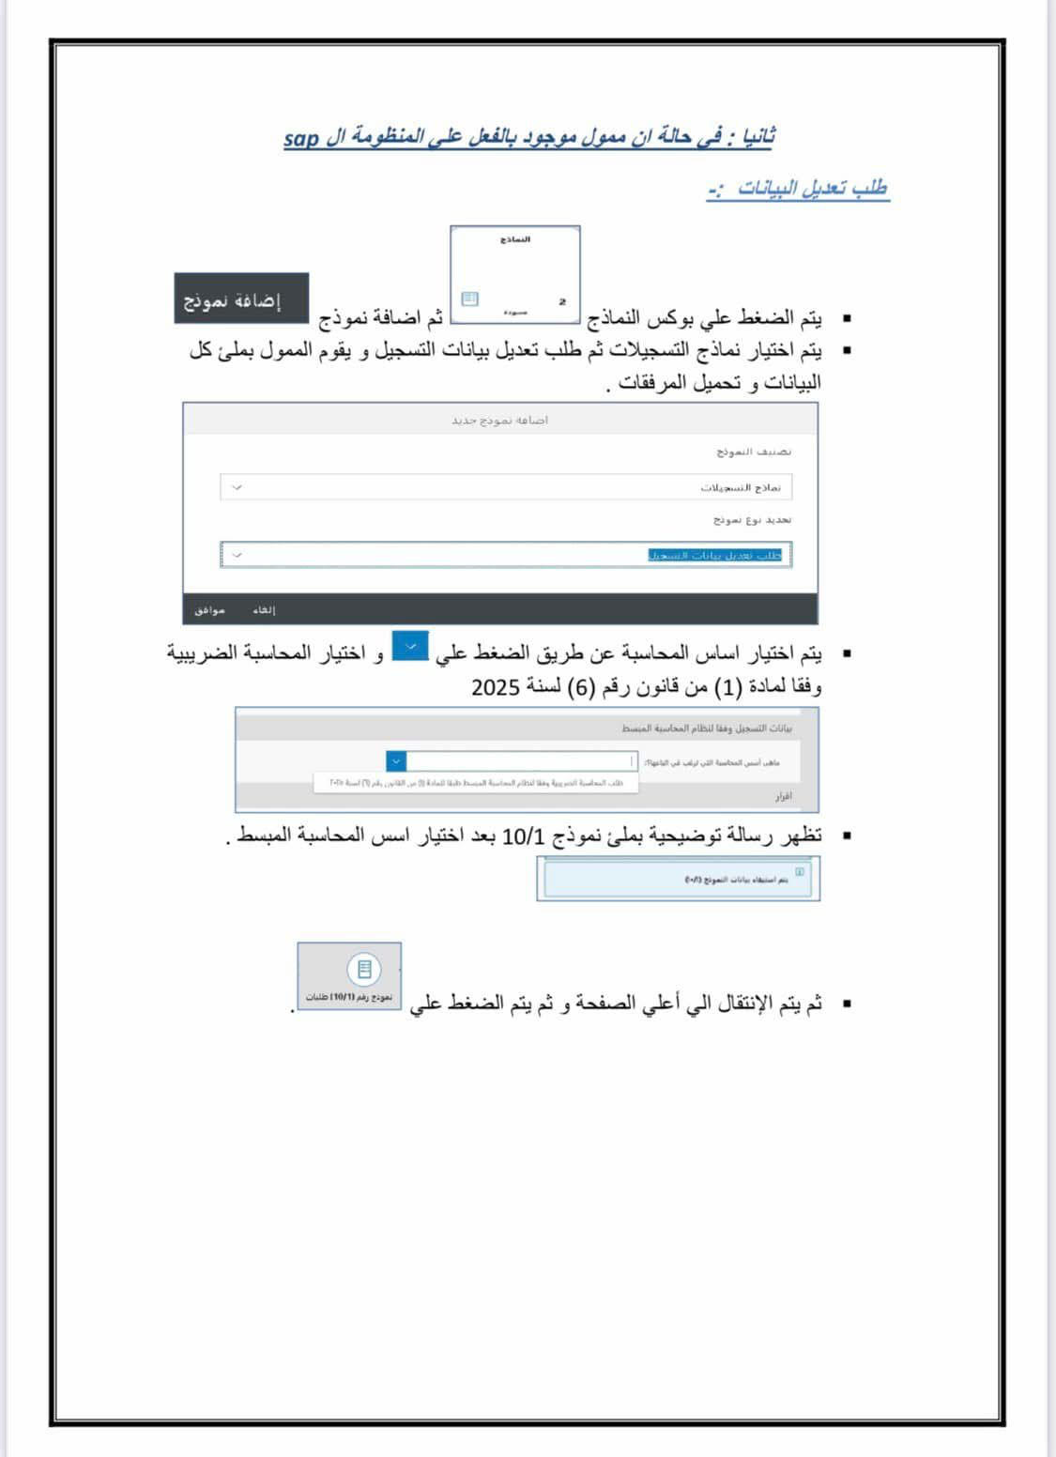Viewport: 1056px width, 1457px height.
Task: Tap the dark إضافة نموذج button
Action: tap(241, 300)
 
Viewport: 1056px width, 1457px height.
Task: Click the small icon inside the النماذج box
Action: tap(469, 299)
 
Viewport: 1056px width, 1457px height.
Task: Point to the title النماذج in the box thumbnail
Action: tap(515, 239)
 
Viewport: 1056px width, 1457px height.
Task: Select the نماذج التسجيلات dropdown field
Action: tap(506, 487)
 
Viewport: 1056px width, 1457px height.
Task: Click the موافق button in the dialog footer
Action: tap(209, 610)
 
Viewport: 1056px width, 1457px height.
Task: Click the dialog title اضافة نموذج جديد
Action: tap(499, 420)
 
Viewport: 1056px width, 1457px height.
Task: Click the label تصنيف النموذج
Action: tap(754, 452)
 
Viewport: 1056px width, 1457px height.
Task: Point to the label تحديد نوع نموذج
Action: tap(752, 519)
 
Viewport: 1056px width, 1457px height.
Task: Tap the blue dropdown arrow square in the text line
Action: tap(410, 647)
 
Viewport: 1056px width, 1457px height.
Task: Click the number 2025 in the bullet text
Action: tap(496, 687)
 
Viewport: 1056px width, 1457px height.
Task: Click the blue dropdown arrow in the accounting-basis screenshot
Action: tap(395, 761)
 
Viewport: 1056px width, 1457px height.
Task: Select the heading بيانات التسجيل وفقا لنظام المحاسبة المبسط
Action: tap(706, 728)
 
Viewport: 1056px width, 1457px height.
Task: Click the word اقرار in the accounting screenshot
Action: tap(783, 796)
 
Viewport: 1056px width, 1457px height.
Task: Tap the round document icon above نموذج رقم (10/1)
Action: tap(364, 969)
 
